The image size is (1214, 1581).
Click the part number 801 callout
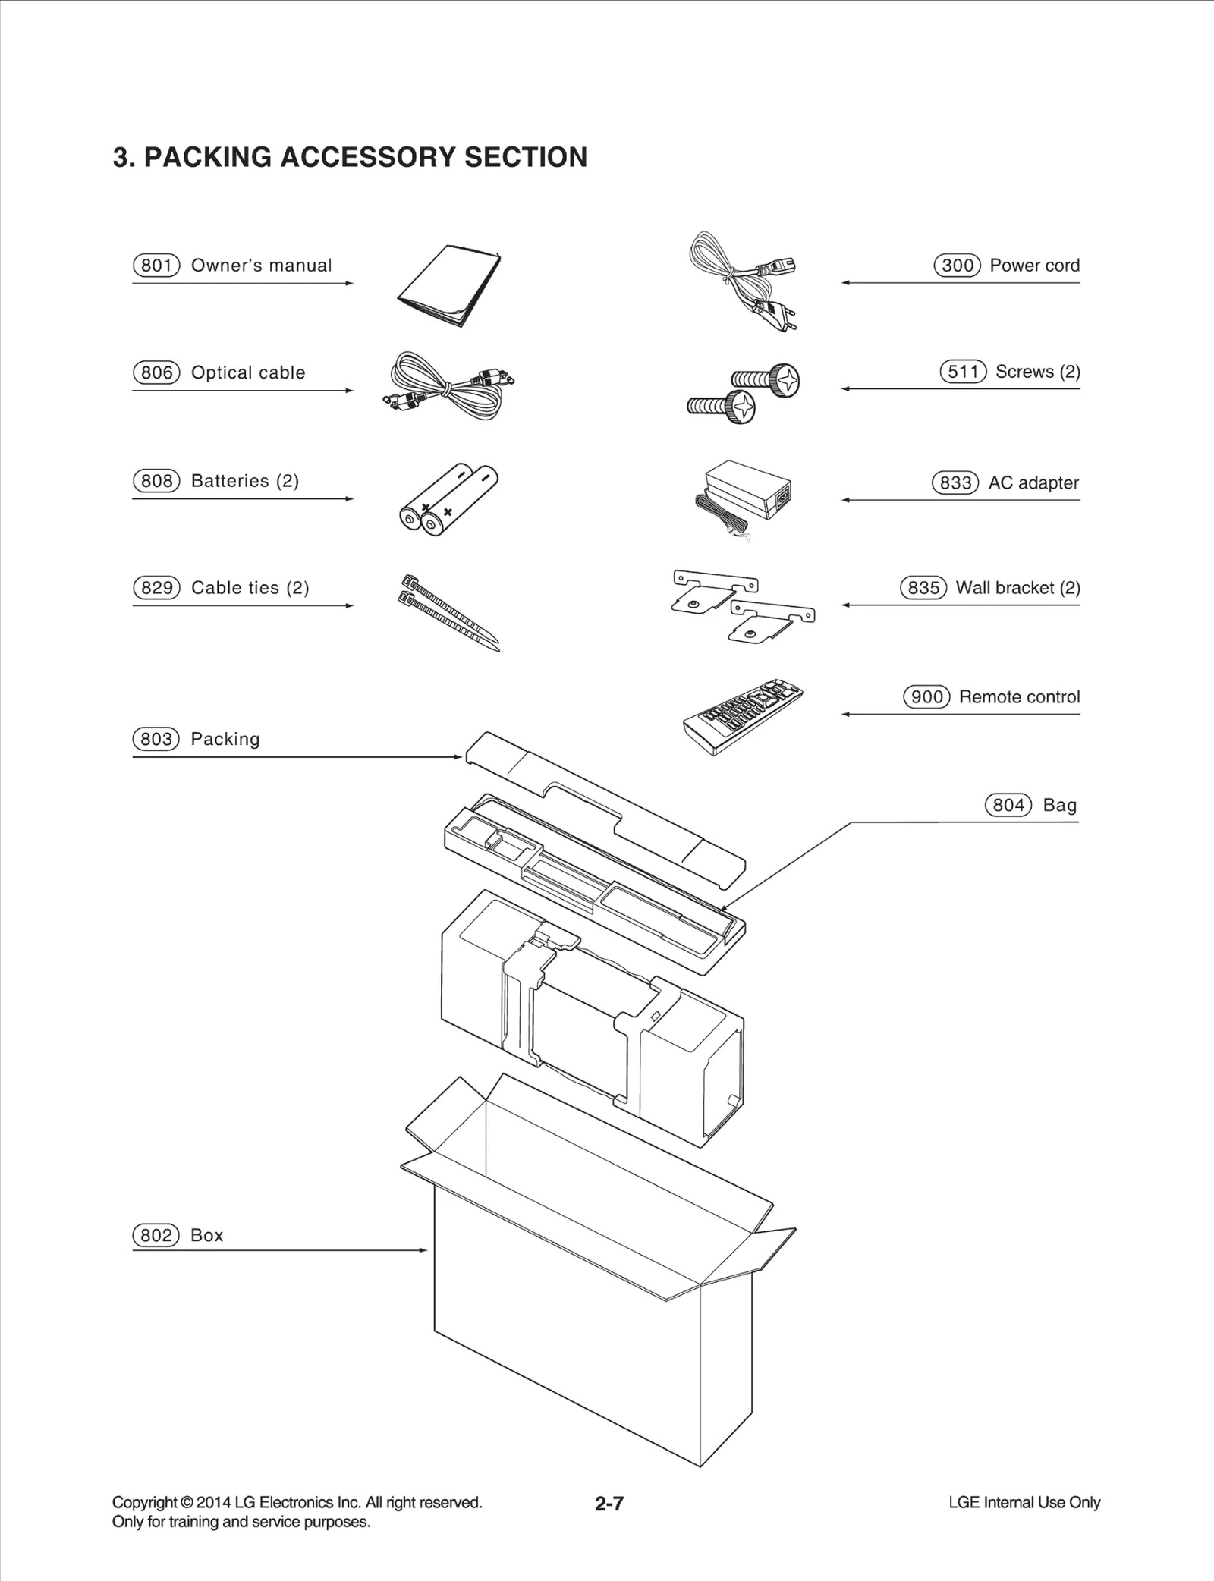156,266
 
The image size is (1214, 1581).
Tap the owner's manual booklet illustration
449,286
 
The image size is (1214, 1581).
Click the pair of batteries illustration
449,498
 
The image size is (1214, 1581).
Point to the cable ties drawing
449,612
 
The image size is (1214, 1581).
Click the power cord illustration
744,281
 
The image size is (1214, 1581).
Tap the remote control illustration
744,717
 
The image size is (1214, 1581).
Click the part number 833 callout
955,483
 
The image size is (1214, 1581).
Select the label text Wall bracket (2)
1017,588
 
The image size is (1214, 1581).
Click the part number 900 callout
926,697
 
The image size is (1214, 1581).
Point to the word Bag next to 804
1059,806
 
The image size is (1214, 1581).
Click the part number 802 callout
156,1236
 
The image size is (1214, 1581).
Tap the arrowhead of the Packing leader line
458,757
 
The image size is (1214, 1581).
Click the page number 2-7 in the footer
609,1504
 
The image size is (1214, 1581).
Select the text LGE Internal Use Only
1024,1503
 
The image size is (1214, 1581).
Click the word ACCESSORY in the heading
368,158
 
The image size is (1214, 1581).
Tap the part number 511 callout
963,372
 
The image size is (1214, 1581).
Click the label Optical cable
248,373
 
